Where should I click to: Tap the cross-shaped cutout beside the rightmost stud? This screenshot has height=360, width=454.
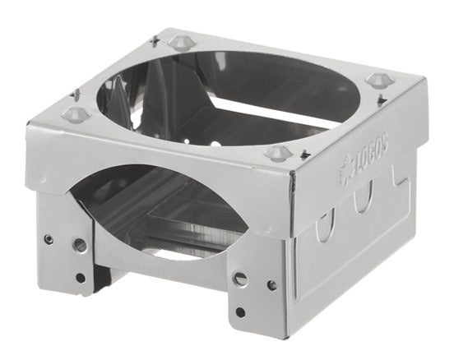382,99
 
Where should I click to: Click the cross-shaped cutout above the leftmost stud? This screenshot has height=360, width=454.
76,95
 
